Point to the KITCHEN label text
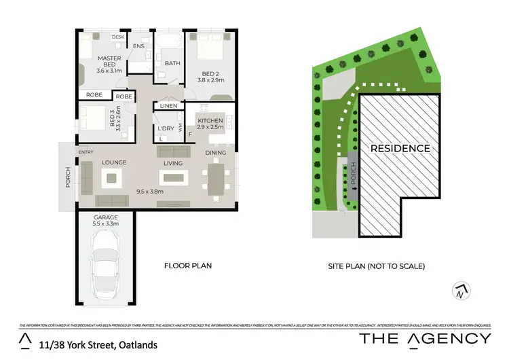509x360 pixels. click(x=210, y=121)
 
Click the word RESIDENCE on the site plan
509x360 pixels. click(x=400, y=148)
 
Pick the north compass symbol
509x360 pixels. click(x=460, y=291)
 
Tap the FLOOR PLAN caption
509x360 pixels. click(x=188, y=266)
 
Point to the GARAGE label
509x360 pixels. click(x=105, y=217)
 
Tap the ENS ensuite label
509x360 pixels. click(x=139, y=46)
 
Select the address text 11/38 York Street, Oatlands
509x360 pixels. click(x=98, y=344)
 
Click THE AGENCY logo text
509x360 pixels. click(x=425, y=338)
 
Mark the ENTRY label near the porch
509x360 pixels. click(x=86, y=152)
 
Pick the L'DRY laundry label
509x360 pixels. click(x=165, y=128)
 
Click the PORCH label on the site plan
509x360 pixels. click(x=352, y=177)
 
